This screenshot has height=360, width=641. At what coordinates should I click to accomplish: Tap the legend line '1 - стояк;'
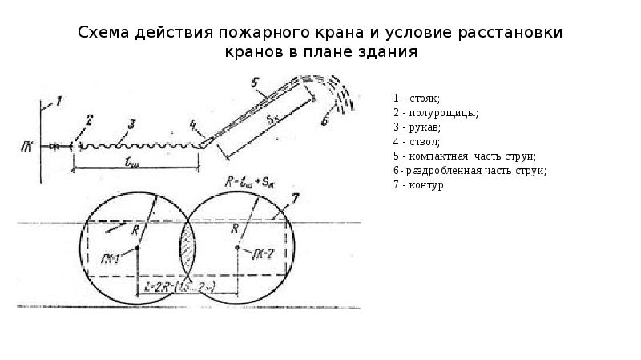416,99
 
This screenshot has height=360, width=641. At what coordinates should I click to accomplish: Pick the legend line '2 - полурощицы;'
436,113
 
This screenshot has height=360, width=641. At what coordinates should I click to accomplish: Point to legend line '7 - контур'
418,185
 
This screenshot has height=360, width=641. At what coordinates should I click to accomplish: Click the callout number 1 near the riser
58,100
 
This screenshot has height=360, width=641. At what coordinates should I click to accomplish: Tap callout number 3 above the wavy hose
132,123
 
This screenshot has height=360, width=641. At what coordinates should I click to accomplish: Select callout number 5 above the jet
254,83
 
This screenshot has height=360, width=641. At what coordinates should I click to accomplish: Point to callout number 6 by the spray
324,122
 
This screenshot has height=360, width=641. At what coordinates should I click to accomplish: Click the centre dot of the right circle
238,248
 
